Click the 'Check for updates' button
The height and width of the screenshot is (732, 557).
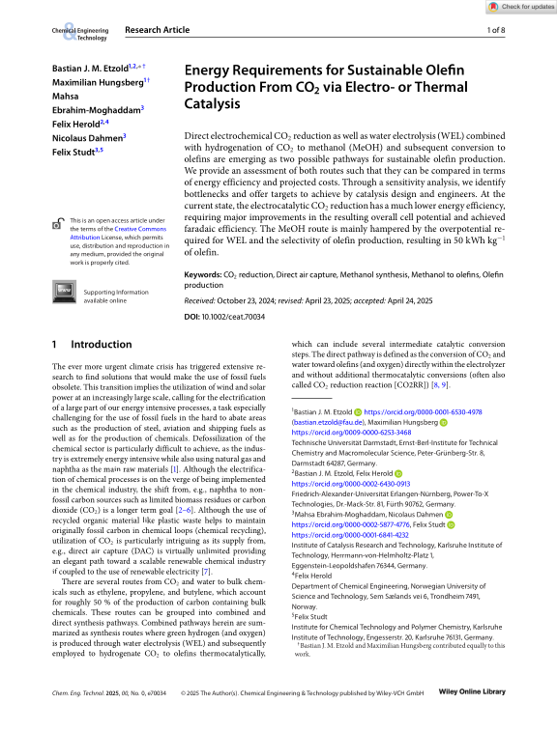point(521,7)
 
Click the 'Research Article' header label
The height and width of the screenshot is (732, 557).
point(158,31)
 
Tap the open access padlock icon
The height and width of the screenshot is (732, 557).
point(59,226)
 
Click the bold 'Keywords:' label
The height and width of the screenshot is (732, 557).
point(202,275)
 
